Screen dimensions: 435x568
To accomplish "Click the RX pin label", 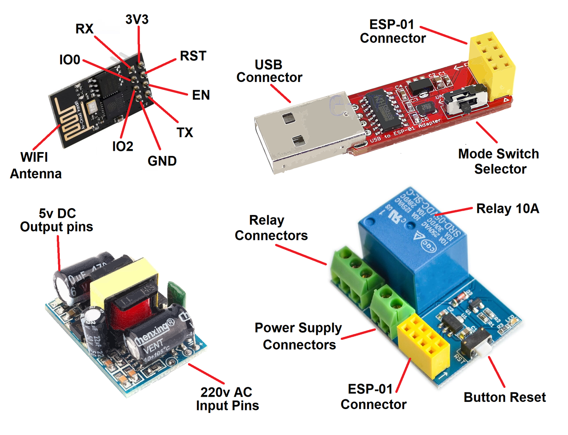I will tap(84, 29).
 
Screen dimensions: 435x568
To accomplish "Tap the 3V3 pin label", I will tap(137, 20).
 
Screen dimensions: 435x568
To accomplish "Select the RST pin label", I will tap(193, 56).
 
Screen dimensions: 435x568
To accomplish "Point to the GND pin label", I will tap(162, 161).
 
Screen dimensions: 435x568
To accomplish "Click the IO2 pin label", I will tap(122, 147).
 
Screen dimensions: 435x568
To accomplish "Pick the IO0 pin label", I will tap(70, 60).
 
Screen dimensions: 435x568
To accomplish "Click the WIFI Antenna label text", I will tap(36, 166).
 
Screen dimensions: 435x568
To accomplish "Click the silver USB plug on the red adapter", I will tap(301, 132).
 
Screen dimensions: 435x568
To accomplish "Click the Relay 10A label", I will tap(507, 209).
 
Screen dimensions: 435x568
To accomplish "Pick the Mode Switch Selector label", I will tap(499, 161).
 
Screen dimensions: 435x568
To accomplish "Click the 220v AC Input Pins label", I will tap(227, 398).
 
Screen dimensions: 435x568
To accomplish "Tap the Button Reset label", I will tap(504, 397).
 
